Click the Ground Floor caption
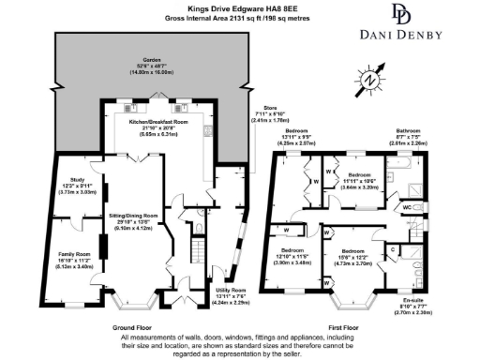[x=133, y=327]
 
